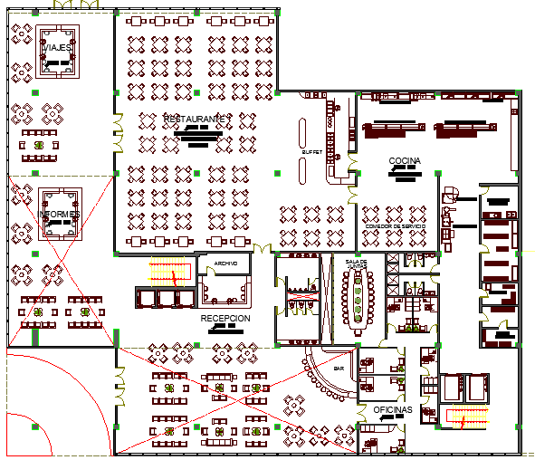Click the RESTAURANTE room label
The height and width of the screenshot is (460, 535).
pos(198,119)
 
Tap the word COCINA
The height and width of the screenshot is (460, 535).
pos(405,160)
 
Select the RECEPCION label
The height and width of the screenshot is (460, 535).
pos(225,319)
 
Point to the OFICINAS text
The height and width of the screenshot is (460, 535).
pos(393,410)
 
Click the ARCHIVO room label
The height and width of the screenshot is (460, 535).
pos(225,264)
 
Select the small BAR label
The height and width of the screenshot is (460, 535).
pos(339,369)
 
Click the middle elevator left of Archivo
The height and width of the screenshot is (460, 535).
pos(167,298)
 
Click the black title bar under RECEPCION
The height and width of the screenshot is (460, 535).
pos(225,330)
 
